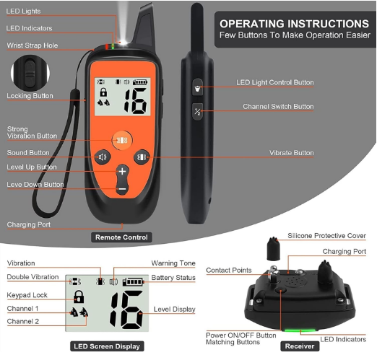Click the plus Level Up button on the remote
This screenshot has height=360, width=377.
click(122, 172)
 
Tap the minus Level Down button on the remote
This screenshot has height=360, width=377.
click(122, 189)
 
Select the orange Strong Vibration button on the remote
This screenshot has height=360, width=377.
click(122, 140)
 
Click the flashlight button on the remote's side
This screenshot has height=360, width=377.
click(198, 87)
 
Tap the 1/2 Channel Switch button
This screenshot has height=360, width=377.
click(198, 112)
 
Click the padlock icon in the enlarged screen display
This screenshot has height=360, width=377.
click(79, 297)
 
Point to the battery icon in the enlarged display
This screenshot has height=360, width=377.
click(133, 281)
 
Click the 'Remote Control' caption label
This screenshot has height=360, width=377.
click(121, 237)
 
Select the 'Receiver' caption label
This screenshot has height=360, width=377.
click(300, 346)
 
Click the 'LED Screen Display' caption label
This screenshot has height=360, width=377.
click(107, 346)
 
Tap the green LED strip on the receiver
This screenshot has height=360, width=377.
click(300, 330)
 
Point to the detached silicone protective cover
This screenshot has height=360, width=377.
click(273, 249)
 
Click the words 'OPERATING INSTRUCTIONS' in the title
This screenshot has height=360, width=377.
click(294, 24)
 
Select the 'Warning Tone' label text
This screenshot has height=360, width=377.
click(173, 263)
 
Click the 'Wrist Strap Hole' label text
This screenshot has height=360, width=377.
click(32, 45)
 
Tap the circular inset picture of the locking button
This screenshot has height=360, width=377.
click(30, 73)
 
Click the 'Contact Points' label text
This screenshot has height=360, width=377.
click(229, 270)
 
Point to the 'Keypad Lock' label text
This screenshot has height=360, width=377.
click(27, 295)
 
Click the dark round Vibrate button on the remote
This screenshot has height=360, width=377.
click(142, 157)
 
